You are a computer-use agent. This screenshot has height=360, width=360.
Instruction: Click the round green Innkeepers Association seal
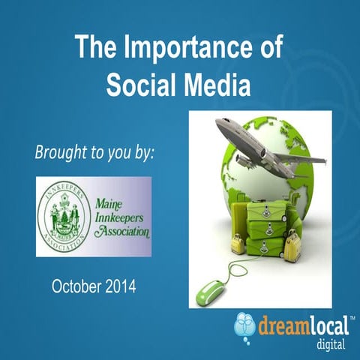click(x=65, y=217)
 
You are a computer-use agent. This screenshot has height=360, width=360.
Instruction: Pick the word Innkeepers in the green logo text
click(x=122, y=217)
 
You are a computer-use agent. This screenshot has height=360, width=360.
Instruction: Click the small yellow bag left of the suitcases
click(x=238, y=244)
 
